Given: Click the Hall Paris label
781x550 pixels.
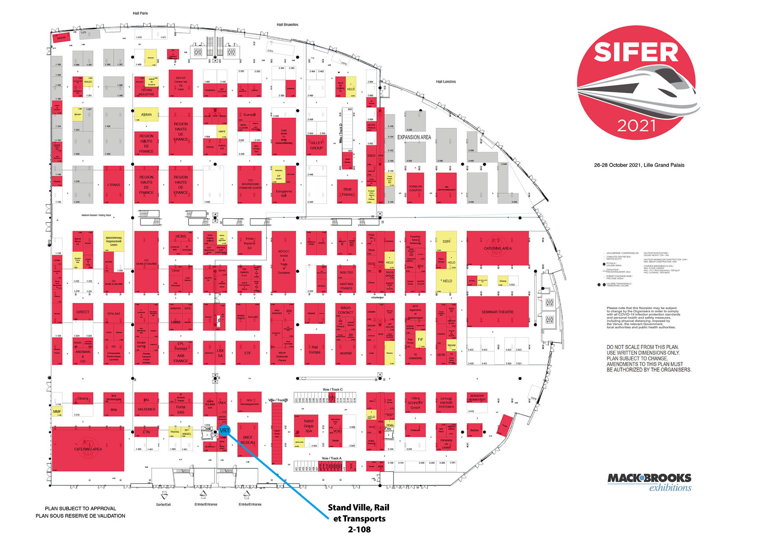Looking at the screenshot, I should [x=140, y=13].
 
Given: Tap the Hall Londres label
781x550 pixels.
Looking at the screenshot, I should [x=446, y=82].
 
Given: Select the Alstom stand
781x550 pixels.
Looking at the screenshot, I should [x=146, y=114].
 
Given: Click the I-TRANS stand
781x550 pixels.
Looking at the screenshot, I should [x=114, y=185].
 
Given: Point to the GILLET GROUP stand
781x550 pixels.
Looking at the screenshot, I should [x=316, y=146].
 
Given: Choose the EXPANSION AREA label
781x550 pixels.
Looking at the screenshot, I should [x=414, y=137].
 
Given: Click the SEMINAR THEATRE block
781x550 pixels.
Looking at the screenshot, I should [x=498, y=312].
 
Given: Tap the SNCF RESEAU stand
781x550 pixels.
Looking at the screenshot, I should [x=248, y=440].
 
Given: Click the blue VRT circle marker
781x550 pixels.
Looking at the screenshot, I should [x=224, y=431].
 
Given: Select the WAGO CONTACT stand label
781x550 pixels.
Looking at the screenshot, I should [x=345, y=310].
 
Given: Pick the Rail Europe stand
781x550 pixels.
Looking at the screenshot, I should [x=315, y=349].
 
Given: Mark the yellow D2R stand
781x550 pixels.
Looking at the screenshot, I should [x=446, y=242].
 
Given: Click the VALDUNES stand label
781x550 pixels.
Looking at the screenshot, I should [x=146, y=409].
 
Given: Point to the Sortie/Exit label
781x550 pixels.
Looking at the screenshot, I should [x=163, y=504].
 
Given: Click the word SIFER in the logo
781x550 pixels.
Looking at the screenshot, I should [x=636, y=53].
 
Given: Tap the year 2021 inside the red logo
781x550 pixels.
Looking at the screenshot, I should [x=636, y=126].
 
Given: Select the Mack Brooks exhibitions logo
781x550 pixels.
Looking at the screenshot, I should [x=650, y=482].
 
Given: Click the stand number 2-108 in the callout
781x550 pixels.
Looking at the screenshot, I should [x=359, y=530].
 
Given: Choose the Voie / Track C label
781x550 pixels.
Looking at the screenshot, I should [x=333, y=389].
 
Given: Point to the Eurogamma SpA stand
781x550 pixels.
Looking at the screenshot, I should [x=284, y=193].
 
